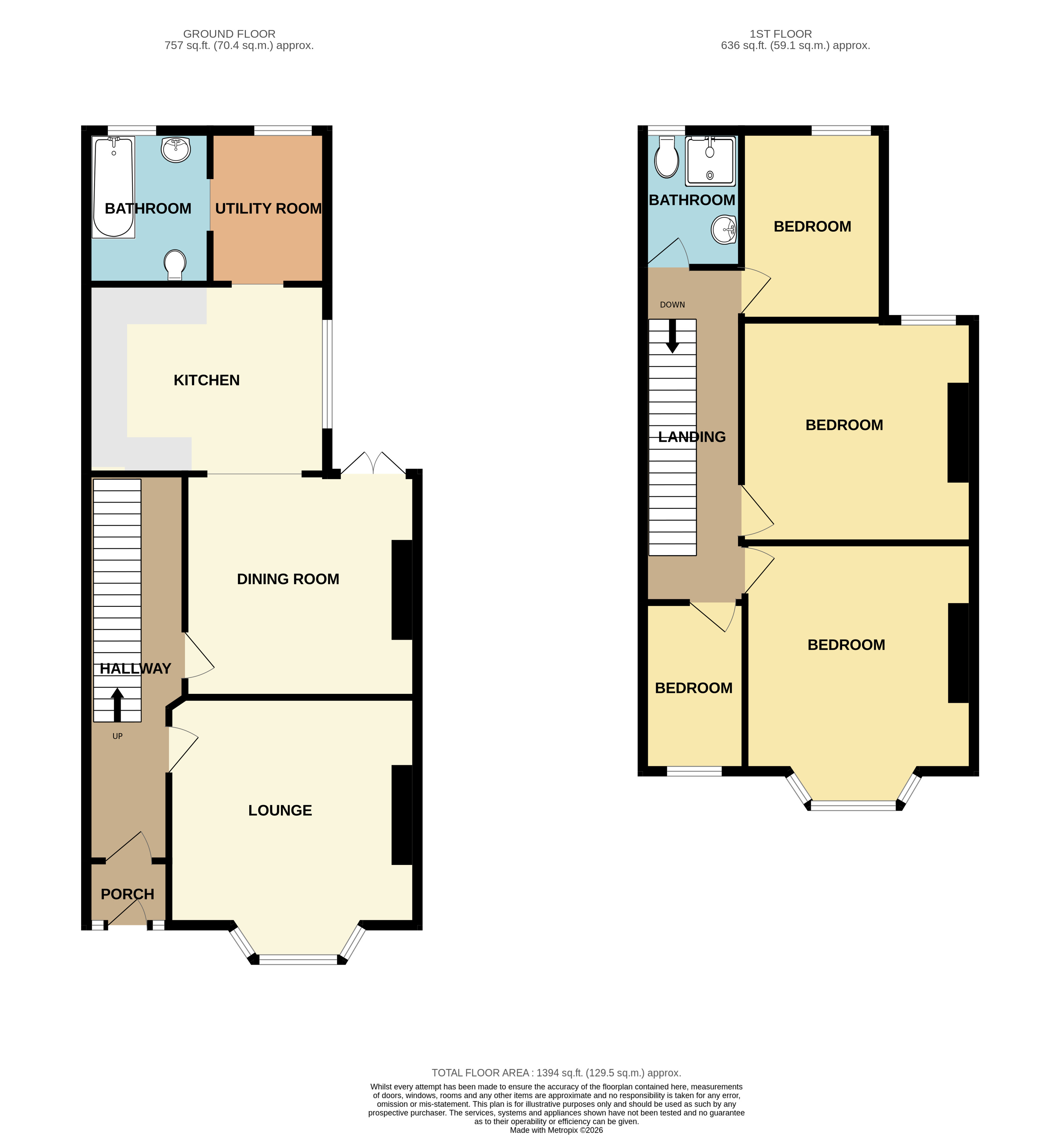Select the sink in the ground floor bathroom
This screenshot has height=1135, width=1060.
[176, 150]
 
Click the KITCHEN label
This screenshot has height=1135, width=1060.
[206, 380]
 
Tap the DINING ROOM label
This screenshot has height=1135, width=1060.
[288, 579]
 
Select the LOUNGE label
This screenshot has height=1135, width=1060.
[280, 810]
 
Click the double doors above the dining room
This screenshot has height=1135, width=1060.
[373, 463]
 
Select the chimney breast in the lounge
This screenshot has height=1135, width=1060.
[402, 815]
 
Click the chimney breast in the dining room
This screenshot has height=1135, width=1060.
[402, 590]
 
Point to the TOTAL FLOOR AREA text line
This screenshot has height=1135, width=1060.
[556, 1073]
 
